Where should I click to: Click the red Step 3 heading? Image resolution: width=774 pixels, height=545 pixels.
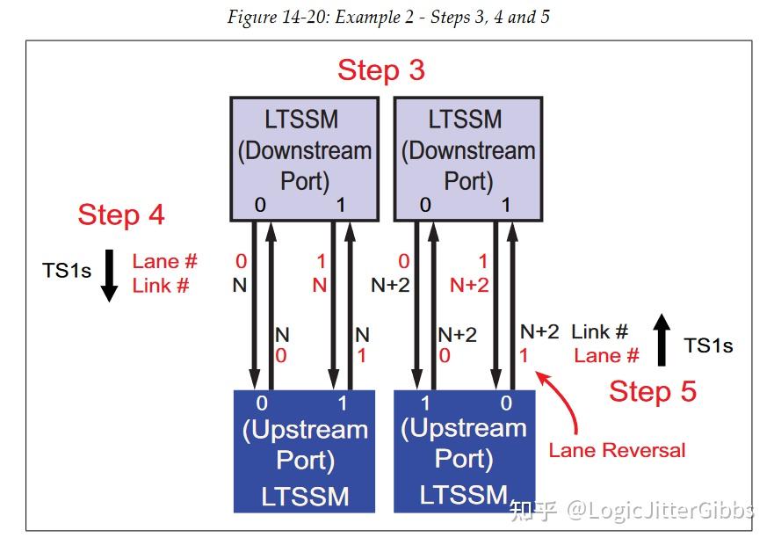tap(381, 70)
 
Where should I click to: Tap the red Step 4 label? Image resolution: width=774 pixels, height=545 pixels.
tap(121, 214)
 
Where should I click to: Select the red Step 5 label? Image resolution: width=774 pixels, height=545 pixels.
tap(652, 391)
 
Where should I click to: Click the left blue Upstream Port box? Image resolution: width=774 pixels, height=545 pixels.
tap(304, 451)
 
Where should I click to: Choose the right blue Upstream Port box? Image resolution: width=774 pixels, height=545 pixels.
tap(464, 451)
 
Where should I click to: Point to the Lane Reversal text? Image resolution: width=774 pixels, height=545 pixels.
tap(617, 450)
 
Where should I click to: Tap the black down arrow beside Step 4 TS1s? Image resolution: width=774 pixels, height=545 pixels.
tap(109, 275)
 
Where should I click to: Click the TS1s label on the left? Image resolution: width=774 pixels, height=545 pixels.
tap(67, 271)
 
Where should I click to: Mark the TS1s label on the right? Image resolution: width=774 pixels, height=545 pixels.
tap(708, 345)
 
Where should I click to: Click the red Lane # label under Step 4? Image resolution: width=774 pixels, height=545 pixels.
tap(165, 261)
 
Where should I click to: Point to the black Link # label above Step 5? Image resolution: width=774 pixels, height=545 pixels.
tap(600, 332)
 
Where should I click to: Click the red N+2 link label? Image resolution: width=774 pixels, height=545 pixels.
tap(469, 285)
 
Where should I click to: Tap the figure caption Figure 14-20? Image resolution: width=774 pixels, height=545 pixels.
tap(387, 17)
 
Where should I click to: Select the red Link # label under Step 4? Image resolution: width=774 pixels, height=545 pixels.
tap(162, 285)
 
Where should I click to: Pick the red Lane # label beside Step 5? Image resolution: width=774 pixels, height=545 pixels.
tap(606, 356)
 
